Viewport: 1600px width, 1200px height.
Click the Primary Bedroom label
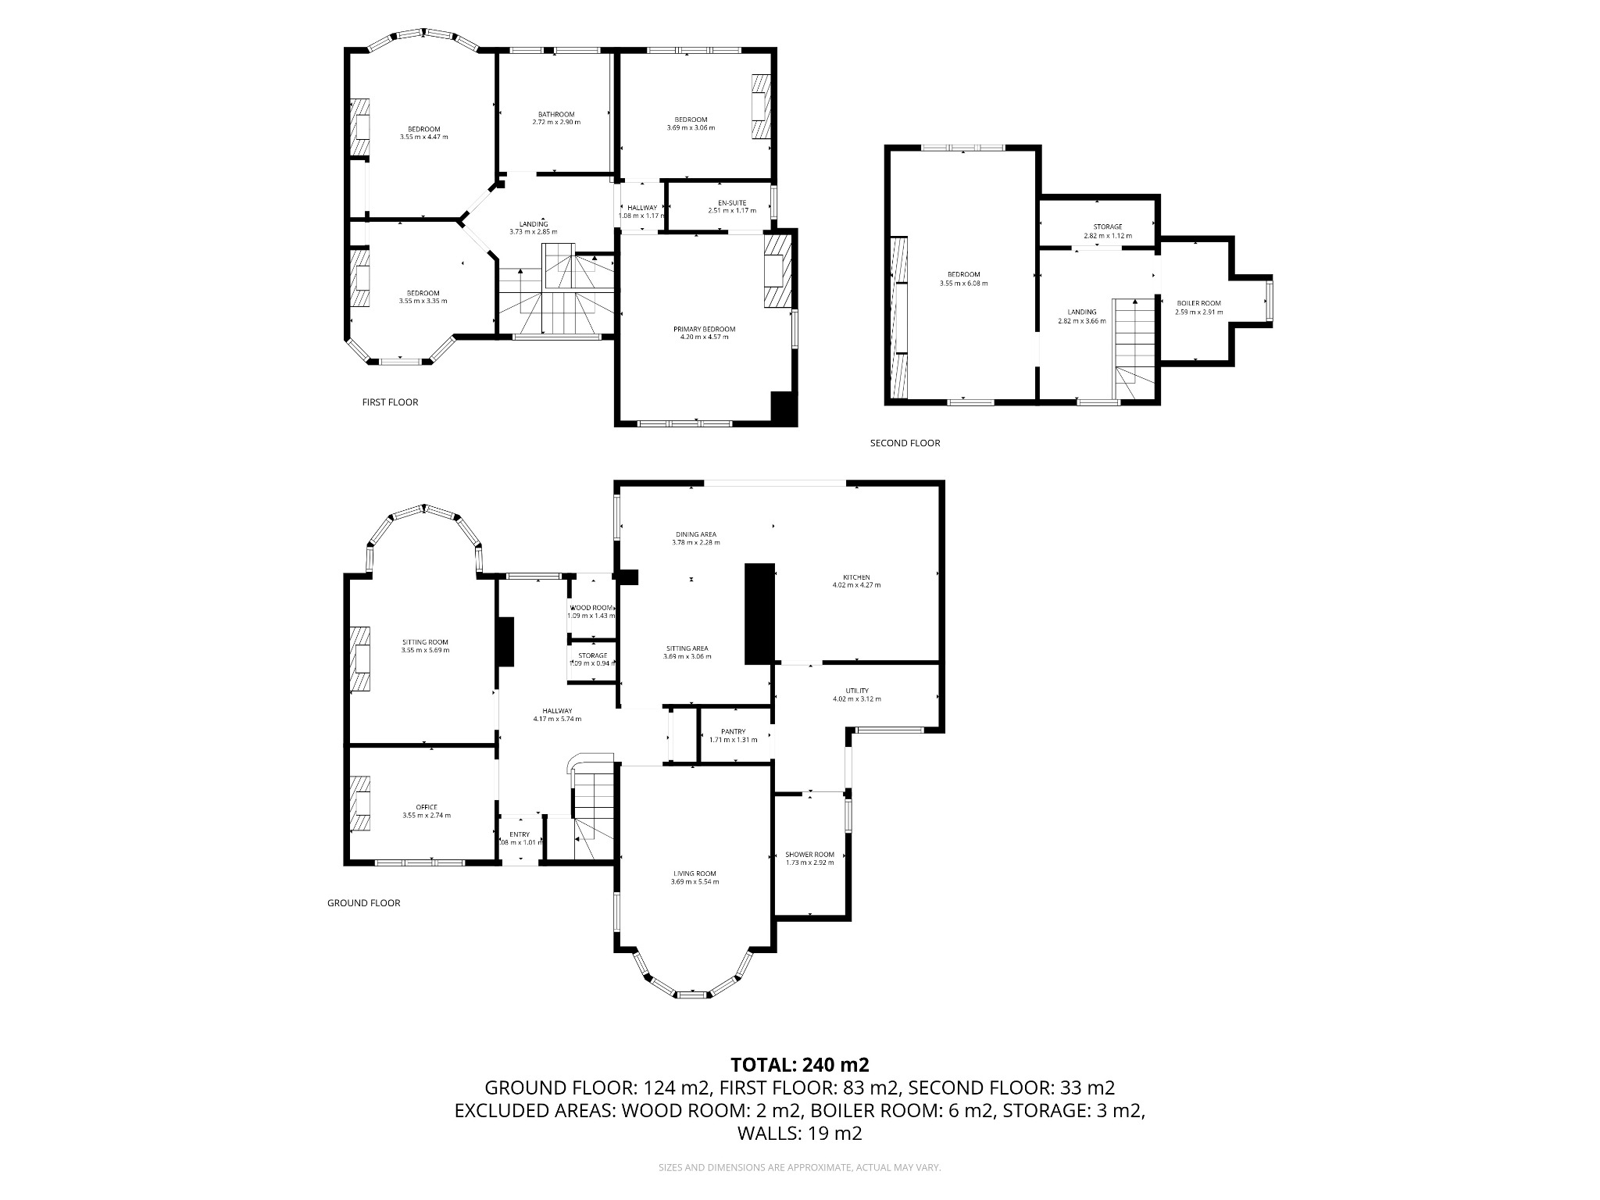click(704, 329)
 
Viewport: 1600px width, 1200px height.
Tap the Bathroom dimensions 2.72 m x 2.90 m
click(556, 123)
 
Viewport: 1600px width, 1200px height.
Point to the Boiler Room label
click(1198, 303)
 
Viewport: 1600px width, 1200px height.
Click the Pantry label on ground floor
click(733, 732)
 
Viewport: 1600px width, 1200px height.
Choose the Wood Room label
click(591, 608)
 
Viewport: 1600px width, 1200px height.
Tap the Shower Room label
click(809, 855)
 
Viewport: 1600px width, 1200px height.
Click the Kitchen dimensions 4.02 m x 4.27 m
click(856, 585)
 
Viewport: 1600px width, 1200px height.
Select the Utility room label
click(856, 691)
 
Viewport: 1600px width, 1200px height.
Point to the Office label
click(426, 807)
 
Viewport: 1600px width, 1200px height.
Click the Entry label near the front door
click(520, 834)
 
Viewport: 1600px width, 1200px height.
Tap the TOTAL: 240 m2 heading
click(799, 1065)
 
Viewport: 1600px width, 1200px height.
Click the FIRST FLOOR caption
click(390, 402)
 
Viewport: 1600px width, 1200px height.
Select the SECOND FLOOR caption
click(905, 443)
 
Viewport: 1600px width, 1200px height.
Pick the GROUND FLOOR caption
click(363, 903)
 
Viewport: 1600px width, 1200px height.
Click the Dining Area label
click(695, 534)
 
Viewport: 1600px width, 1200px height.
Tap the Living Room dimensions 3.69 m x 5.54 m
click(695, 882)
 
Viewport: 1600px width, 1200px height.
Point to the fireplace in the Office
click(360, 805)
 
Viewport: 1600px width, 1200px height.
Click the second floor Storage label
click(1107, 227)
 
